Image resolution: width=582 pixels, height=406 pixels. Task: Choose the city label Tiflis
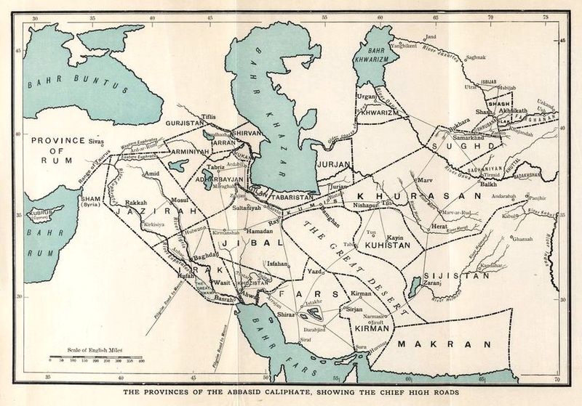tap(209, 116)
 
